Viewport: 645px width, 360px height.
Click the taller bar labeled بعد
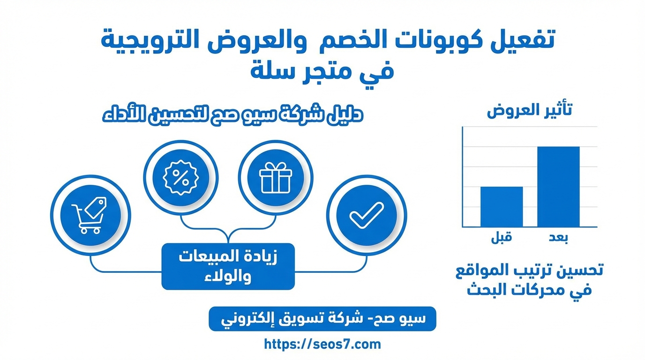tap(558, 187)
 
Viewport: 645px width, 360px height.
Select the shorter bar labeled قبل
tap(502, 207)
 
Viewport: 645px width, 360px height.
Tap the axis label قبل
tap(501, 238)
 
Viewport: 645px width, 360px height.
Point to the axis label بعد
tap(558, 238)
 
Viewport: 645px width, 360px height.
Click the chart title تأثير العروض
tap(529, 110)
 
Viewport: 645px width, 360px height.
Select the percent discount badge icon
tap(180, 177)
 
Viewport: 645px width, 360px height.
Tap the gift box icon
tap(276, 177)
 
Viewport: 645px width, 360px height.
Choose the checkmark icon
tap(367, 215)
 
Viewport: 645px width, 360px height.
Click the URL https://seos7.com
tap(322, 344)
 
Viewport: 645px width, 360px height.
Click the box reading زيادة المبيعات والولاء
tap(228, 266)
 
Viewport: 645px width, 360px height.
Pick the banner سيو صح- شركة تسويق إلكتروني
tap(322, 319)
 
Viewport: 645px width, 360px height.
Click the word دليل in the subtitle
tap(345, 114)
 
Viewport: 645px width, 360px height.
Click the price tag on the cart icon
tap(96, 207)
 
